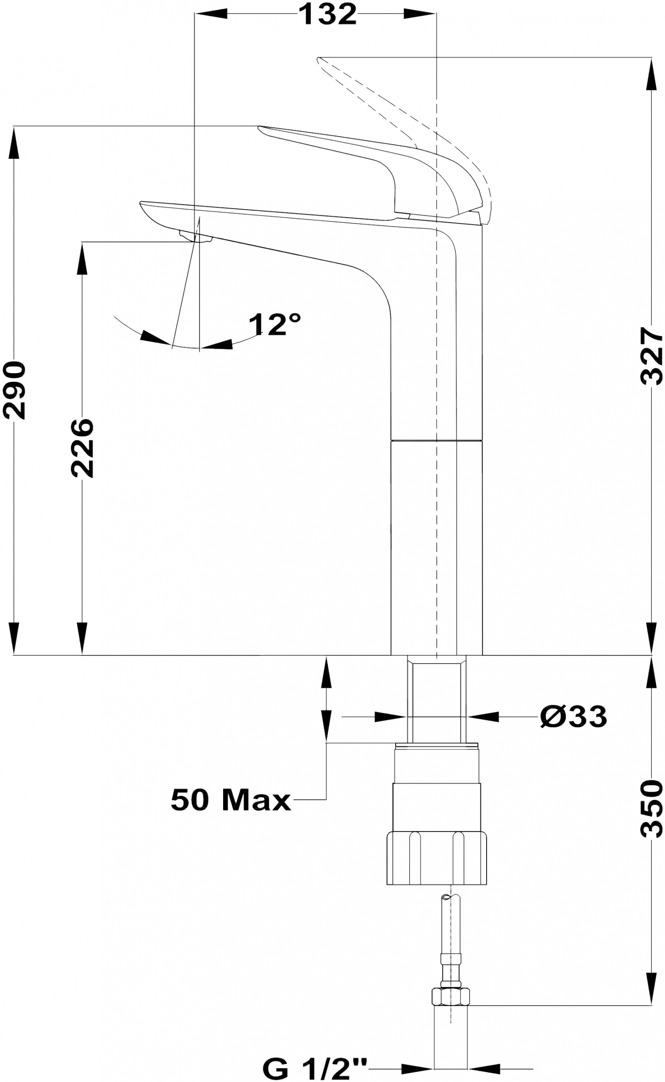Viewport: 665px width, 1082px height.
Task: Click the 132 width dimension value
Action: (327, 14)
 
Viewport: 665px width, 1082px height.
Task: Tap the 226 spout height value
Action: (82, 448)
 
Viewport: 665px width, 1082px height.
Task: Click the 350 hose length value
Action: (651, 808)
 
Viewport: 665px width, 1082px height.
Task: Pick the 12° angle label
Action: (275, 325)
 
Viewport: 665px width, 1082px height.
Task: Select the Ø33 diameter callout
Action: (574, 716)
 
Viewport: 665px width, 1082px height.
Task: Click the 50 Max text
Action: (231, 800)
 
